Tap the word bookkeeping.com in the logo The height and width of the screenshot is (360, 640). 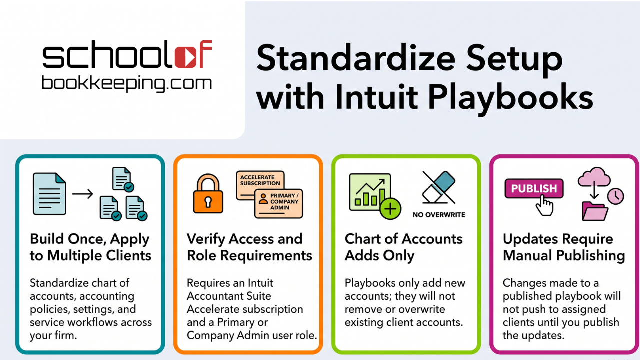click(x=127, y=84)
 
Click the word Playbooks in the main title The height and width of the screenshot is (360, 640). click(x=510, y=97)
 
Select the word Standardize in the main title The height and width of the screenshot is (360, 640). click(x=356, y=58)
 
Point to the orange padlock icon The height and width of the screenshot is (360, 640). click(x=208, y=194)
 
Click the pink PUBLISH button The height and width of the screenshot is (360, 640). click(x=534, y=188)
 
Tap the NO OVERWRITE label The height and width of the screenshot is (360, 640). click(x=439, y=215)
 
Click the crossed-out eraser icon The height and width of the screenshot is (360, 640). click(x=439, y=187)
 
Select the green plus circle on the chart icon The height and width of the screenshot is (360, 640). click(x=390, y=209)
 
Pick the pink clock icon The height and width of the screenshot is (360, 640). click(x=615, y=196)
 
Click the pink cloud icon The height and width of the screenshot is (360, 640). click(x=594, y=177)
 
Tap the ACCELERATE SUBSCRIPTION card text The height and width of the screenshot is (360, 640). click(x=260, y=180)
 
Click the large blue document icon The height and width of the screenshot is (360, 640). click(x=49, y=194)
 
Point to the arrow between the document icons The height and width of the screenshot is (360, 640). click(x=82, y=194)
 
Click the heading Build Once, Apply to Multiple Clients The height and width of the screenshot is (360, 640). click(x=90, y=247)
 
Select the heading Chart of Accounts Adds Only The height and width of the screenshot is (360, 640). click(x=403, y=247)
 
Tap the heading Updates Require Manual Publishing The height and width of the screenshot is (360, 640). click(x=564, y=247)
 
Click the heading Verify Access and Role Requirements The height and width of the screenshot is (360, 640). click(x=249, y=247)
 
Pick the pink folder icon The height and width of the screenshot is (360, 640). click(x=595, y=211)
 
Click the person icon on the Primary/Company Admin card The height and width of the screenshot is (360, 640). click(x=263, y=199)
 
